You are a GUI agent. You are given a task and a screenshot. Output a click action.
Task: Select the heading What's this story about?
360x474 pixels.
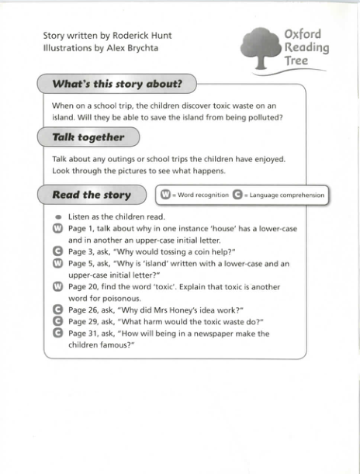(116, 84)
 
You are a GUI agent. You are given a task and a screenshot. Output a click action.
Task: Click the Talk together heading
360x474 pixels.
(88, 137)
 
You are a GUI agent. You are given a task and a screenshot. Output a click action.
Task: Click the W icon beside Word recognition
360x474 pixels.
(166, 195)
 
